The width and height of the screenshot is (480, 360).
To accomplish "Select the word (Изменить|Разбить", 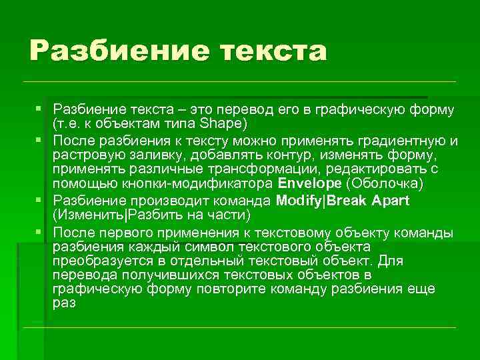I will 126,215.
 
